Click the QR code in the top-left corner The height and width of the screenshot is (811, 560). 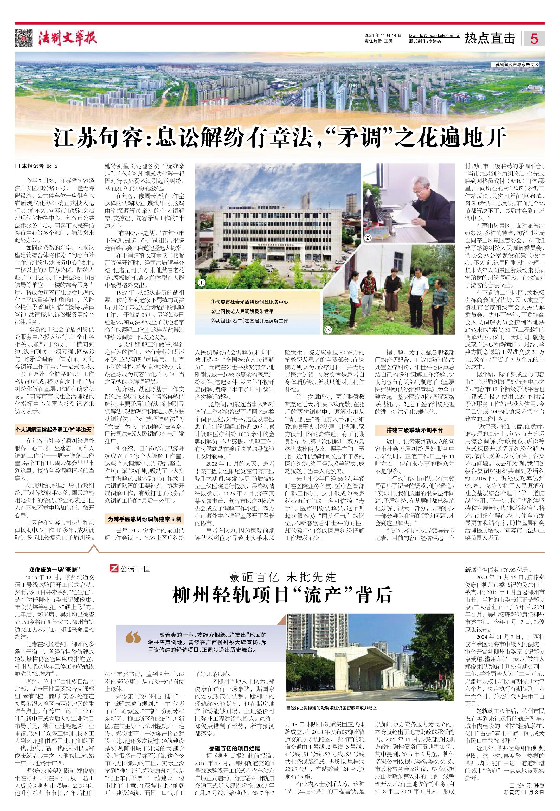23,38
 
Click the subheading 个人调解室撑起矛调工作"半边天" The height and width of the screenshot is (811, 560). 55,429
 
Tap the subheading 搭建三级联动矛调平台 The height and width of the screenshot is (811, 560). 414,430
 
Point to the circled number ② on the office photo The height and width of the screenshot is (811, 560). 368,238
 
